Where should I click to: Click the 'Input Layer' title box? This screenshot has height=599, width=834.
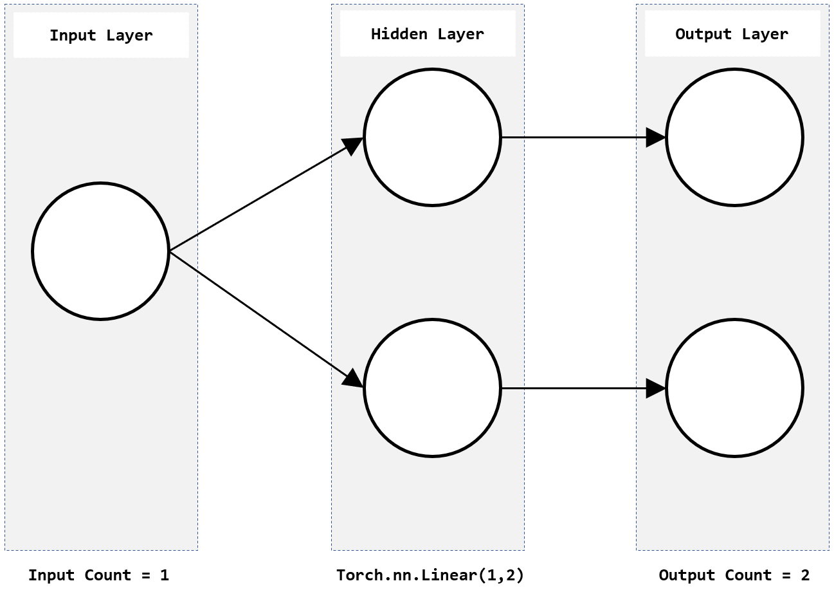(x=101, y=35)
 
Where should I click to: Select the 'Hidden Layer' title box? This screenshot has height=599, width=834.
(x=428, y=33)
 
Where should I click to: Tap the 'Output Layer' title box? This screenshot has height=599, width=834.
(x=732, y=33)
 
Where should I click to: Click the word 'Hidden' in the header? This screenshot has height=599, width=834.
(x=399, y=34)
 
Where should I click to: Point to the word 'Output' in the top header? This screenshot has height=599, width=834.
(x=703, y=34)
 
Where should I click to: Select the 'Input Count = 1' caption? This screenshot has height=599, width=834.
(x=98, y=575)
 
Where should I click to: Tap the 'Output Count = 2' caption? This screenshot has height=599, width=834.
(x=734, y=575)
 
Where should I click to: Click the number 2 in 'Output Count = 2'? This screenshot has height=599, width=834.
(x=805, y=575)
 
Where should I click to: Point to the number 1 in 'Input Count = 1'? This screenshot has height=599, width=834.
(x=165, y=575)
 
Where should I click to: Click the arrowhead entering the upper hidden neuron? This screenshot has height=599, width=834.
(x=352, y=145)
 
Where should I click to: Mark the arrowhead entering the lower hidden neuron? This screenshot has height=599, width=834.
(x=352, y=378)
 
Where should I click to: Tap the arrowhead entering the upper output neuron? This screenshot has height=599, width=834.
(x=656, y=137)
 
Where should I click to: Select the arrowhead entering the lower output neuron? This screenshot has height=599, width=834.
(x=656, y=388)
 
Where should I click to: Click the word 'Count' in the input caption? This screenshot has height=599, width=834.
(x=107, y=575)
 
